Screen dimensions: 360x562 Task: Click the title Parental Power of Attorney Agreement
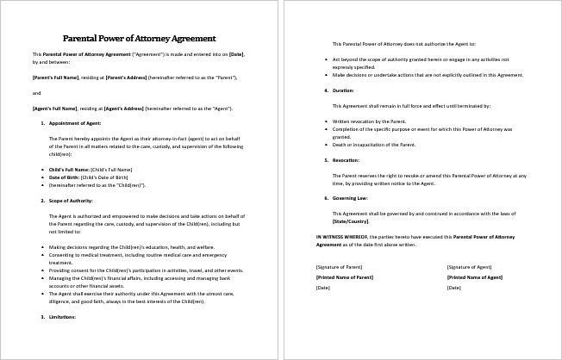(139, 39)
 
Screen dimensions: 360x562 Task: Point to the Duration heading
(343, 90)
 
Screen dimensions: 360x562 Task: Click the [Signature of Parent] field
(340, 267)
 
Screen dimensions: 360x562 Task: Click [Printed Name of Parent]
(346, 277)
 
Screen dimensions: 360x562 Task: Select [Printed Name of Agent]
(475, 277)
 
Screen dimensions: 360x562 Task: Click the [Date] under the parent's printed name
(323, 287)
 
